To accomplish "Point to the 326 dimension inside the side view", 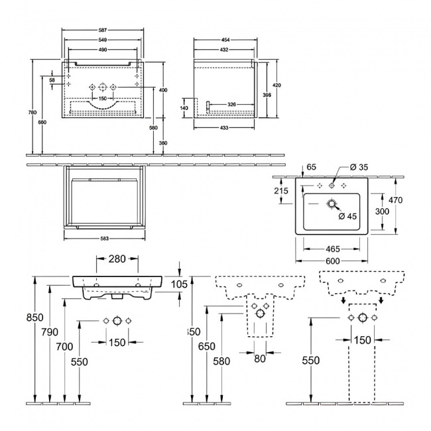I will point(232,105).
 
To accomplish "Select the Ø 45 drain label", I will point(349,216).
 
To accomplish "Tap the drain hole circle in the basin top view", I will point(331,205).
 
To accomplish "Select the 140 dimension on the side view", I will point(184,108).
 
